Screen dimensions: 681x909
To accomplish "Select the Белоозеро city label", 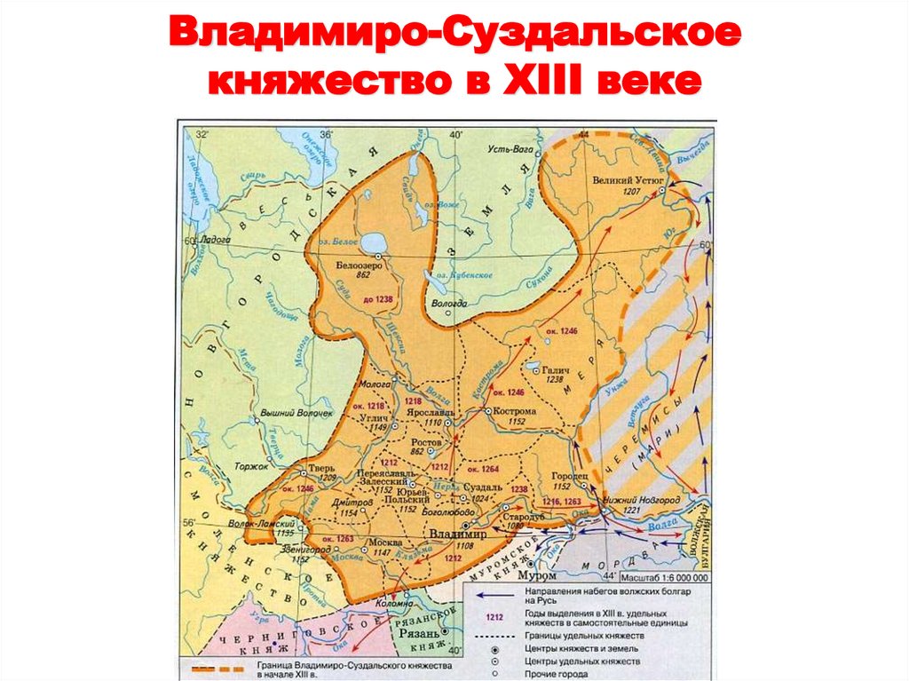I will (x=359, y=265).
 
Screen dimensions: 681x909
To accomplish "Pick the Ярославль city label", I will (x=431, y=413).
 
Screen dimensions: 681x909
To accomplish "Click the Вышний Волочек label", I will (x=299, y=414).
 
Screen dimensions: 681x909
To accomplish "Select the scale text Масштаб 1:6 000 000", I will (x=660, y=576).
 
